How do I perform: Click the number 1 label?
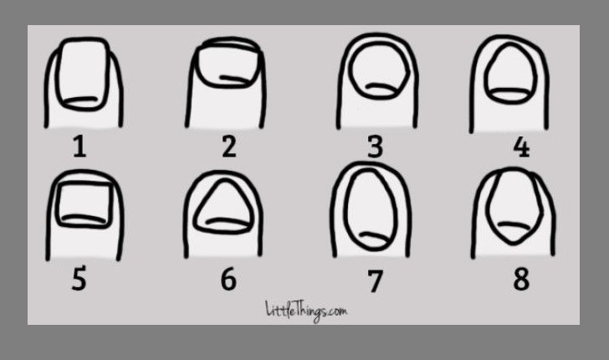[79, 147]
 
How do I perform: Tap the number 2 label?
[229, 147]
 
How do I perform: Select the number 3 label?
[375, 147]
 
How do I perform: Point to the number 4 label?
[521, 147]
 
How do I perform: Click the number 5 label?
[79, 279]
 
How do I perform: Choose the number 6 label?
[228, 279]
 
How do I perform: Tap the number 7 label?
[375, 280]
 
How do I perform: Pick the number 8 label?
[521, 279]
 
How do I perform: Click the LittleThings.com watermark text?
[306, 311]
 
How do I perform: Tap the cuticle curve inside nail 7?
[374, 236]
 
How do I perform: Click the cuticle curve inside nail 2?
[234, 80]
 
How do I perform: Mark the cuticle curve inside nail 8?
[514, 226]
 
